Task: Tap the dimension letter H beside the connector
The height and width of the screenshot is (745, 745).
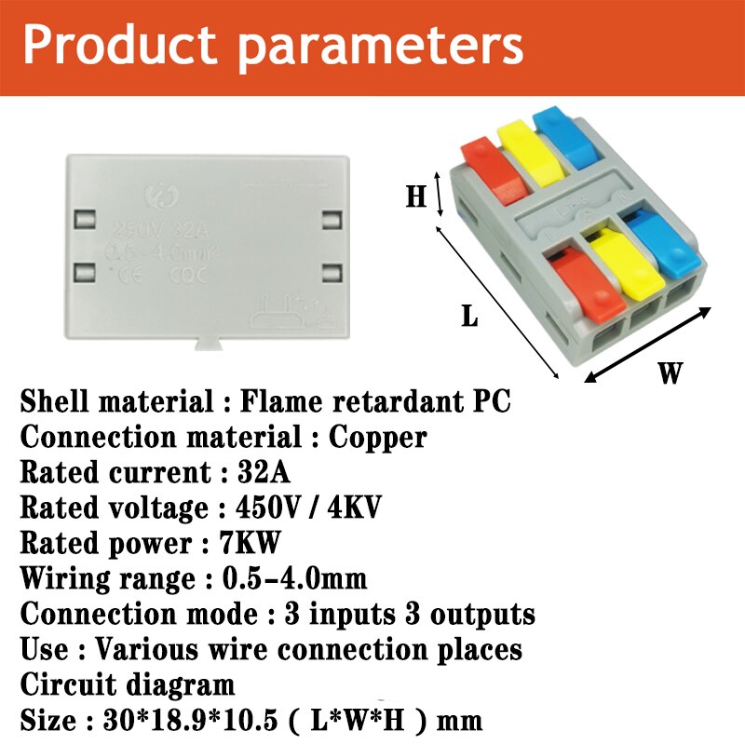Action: (x=415, y=196)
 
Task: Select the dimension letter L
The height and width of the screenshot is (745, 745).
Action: (x=470, y=317)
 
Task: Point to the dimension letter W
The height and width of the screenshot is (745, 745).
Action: (x=670, y=373)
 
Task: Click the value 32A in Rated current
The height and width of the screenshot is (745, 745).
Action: (x=264, y=472)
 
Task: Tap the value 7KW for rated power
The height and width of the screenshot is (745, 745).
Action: (x=253, y=543)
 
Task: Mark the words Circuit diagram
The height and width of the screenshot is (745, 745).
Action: (x=128, y=685)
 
